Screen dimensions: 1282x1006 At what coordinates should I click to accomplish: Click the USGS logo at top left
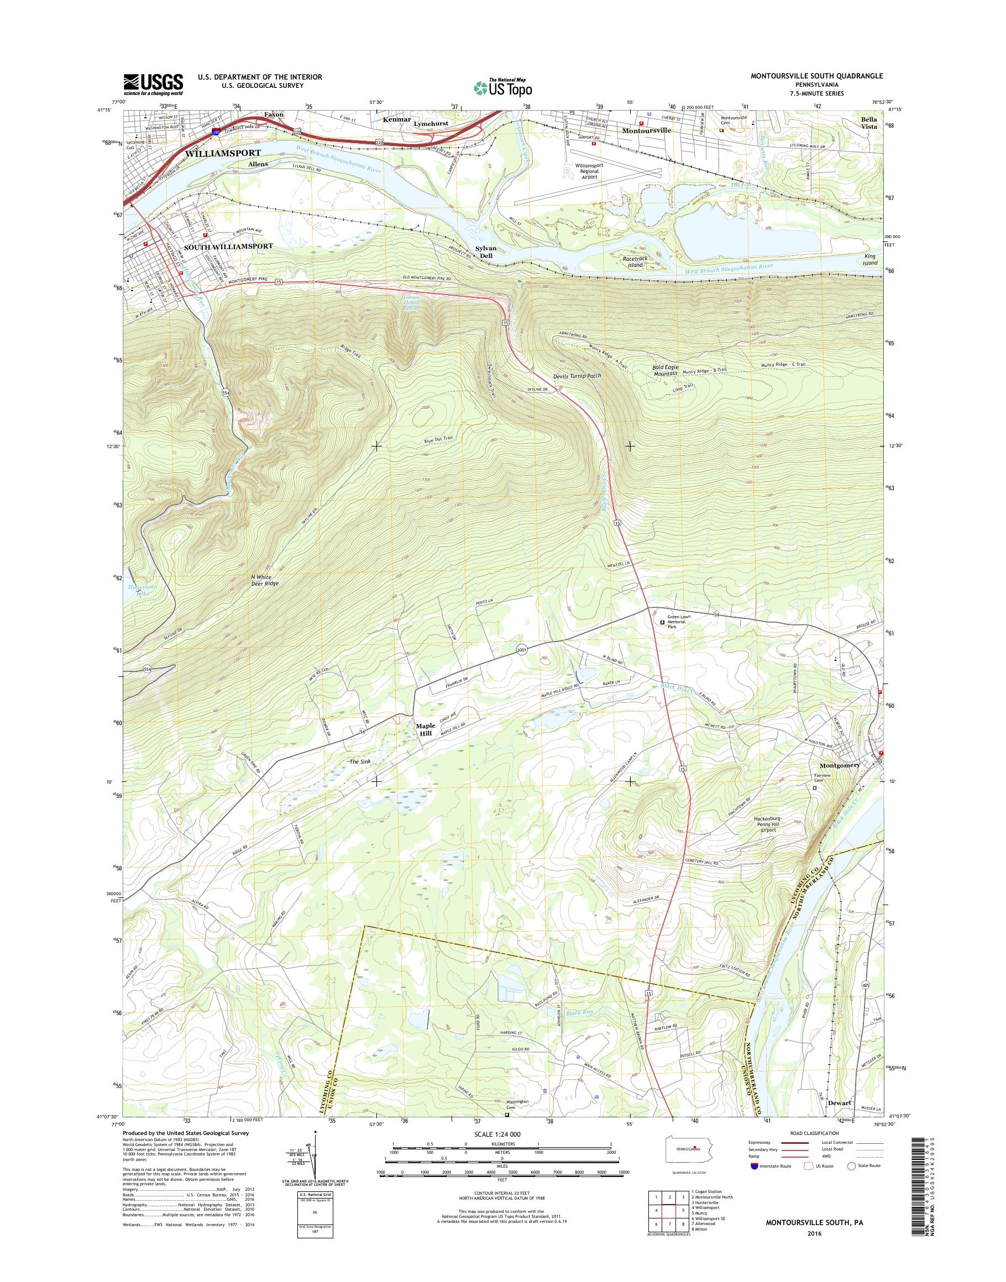click(153, 84)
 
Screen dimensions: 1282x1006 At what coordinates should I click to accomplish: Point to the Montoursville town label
click(647, 131)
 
